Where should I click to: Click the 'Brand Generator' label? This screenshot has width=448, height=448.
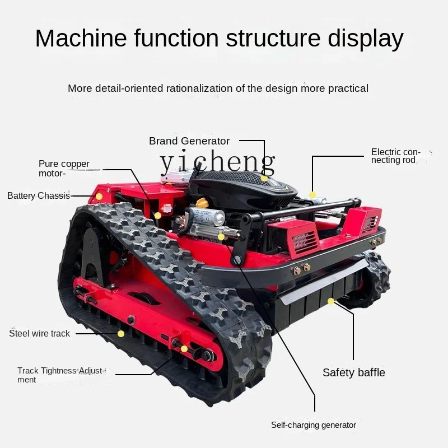coord(189,141)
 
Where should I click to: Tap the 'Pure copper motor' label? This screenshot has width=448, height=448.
coord(64,169)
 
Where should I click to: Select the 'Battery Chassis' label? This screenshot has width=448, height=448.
coord(39,196)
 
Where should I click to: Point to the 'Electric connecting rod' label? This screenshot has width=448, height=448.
coord(395,156)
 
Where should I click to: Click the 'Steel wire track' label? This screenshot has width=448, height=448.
coord(40,333)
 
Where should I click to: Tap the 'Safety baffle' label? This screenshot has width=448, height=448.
coord(354,372)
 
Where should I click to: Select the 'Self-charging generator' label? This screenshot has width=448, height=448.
coord(314,425)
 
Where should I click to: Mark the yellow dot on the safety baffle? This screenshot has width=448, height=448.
coord(331,301)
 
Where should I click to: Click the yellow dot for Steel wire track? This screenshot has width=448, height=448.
coord(121,334)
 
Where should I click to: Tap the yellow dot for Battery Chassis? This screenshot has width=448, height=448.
coord(99,197)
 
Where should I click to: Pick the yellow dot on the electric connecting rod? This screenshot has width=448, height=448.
coord(313,195)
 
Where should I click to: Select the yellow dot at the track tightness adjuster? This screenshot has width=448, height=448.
coord(184,349)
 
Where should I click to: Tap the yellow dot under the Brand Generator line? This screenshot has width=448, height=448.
coord(264,178)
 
